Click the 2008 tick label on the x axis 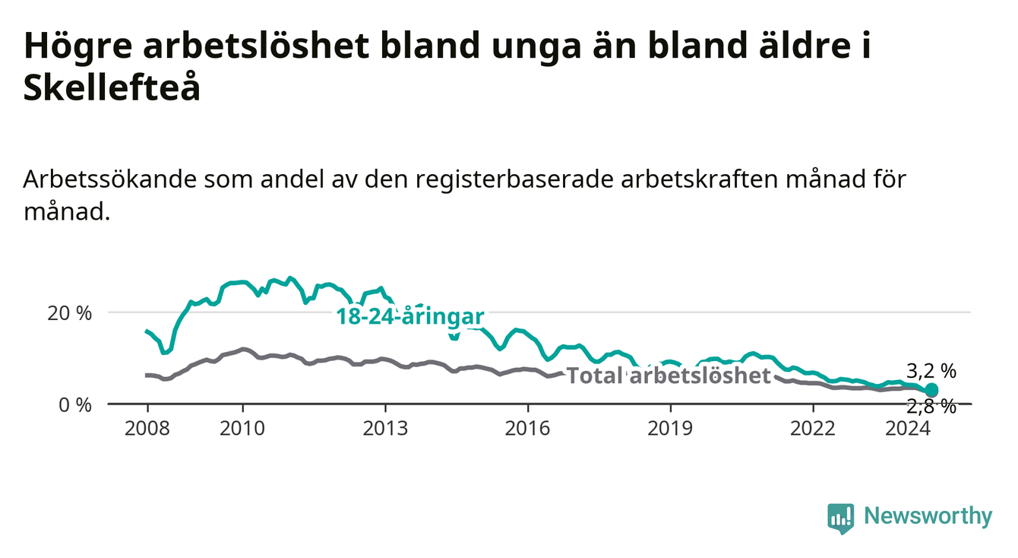(x=147, y=429)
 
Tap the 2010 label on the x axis (x=242, y=429)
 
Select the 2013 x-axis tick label (x=385, y=429)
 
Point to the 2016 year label (x=528, y=429)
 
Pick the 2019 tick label (x=670, y=429)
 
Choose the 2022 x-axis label (x=813, y=429)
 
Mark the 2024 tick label (x=908, y=429)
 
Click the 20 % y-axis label (x=70, y=313)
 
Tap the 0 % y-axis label (x=75, y=404)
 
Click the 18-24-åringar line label (x=410, y=316)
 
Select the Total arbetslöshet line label (x=669, y=376)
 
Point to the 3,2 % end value (x=931, y=372)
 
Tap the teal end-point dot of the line (x=931, y=390)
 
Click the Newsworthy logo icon (x=841, y=518)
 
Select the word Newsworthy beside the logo (x=928, y=516)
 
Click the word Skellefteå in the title (x=112, y=87)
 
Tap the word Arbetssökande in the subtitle (x=110, y=179)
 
